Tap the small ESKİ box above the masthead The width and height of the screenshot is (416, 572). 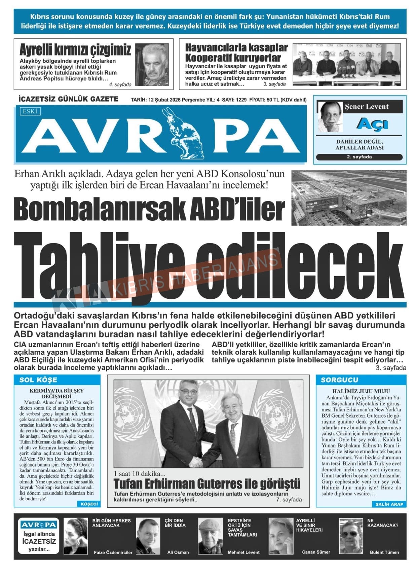[x=30, y=111]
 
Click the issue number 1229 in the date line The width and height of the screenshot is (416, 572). [x=241, y=100]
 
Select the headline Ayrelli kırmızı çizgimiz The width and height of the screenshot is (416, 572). [x=75, y=50]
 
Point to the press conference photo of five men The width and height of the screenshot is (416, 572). [x=347, y=64]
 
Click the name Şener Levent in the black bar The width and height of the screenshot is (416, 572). [x=367, y=107]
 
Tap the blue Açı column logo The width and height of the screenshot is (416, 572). [x=372, y=124]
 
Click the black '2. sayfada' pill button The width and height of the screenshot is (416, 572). [x=359, y=157]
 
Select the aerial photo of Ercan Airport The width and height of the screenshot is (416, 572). [x=349, y=198]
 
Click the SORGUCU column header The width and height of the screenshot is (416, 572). [x=339, y=380]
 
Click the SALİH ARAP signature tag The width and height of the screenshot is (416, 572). [x=389, y=504]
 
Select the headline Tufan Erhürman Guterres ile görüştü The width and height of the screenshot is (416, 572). [x=207, y=484]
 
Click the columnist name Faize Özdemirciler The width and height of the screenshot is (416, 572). [x=113, y=552]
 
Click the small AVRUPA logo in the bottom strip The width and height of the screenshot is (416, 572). [x=39, y=525]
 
